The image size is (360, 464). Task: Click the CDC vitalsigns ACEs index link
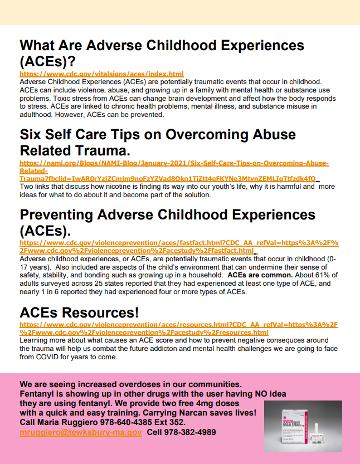[x=101, y=74]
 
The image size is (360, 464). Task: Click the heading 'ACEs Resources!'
[x=79, y=312]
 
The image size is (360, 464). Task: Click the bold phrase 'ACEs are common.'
[x=255, y=275]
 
